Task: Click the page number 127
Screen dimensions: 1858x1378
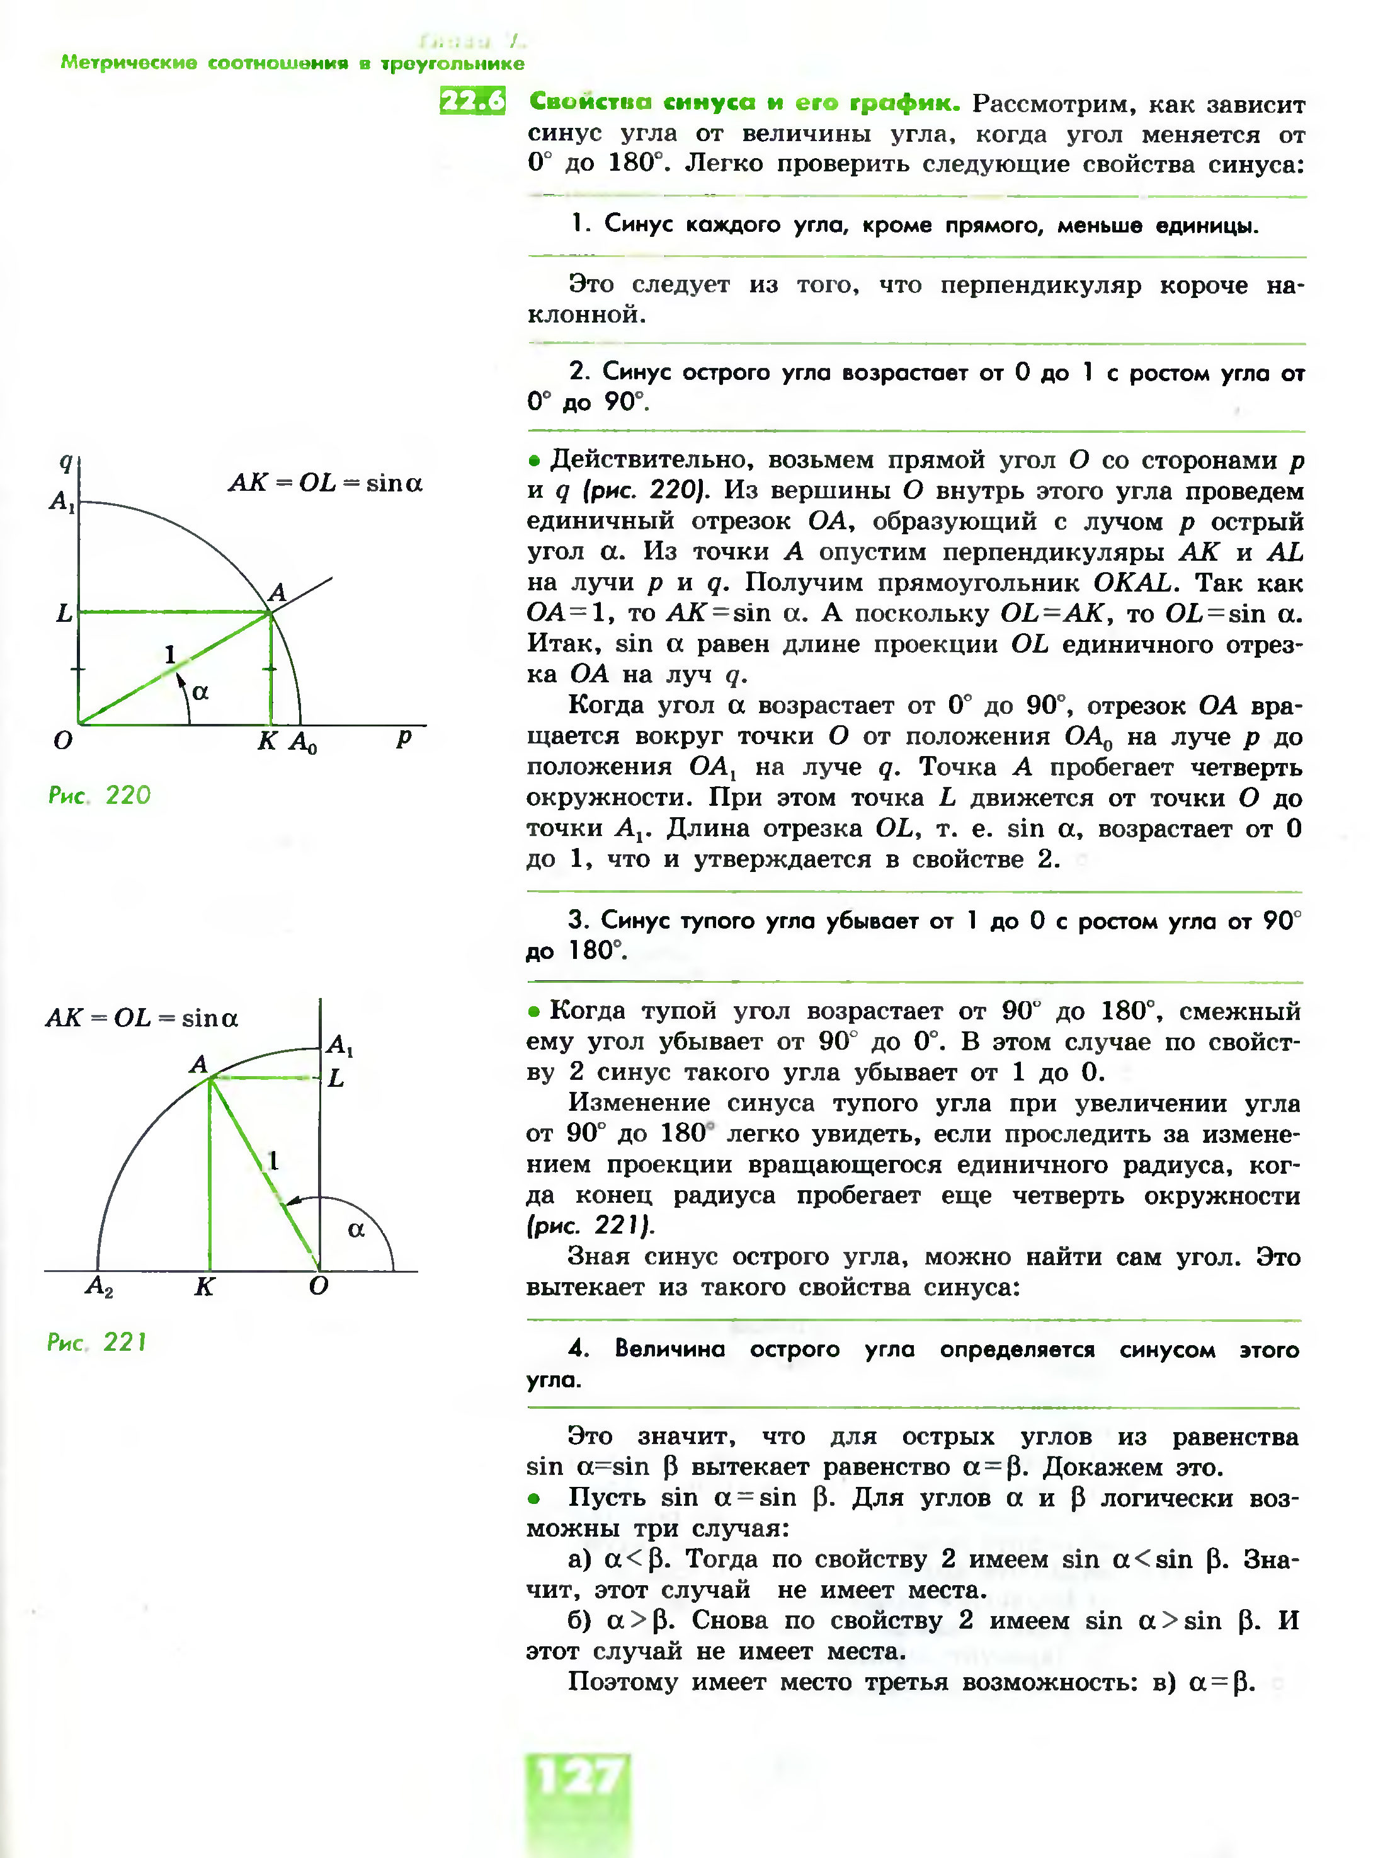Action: (578, 1777)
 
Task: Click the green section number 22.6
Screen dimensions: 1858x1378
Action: (472, 101)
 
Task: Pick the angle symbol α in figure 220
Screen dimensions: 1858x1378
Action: (200, 692)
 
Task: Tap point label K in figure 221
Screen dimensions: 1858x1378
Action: (204, 1287)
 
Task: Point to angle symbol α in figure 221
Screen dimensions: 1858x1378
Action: (356, 1229)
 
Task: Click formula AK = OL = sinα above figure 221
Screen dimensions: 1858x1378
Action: (142, 1018)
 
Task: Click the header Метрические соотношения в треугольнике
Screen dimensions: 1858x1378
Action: (292, 64)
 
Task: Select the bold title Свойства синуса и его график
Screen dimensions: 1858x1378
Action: (744, 103)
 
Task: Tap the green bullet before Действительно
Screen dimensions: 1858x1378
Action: (535, 461)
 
